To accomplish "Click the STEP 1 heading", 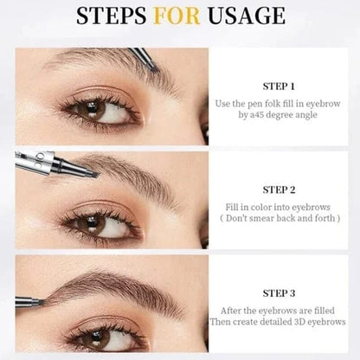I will [280, 87].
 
